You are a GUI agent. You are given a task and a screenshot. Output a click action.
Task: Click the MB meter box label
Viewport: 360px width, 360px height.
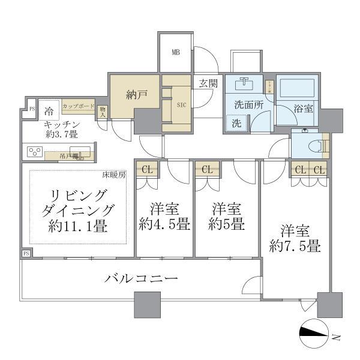(x=176, y=52)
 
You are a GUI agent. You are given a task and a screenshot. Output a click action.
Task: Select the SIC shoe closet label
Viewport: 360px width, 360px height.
(x=182, y=103)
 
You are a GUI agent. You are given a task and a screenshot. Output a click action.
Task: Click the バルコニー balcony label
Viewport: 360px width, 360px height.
(x=141, y=279)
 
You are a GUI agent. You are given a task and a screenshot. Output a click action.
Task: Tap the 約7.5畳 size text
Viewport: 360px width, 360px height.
(x=293, y=245)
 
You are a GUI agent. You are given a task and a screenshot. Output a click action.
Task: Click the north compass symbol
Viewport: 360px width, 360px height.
(x=314, y=334)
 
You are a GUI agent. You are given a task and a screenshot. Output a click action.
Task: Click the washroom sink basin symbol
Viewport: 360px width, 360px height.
(x=247, y=84)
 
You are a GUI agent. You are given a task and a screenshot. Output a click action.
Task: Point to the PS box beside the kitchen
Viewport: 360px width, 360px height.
(x=32, y=109)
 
